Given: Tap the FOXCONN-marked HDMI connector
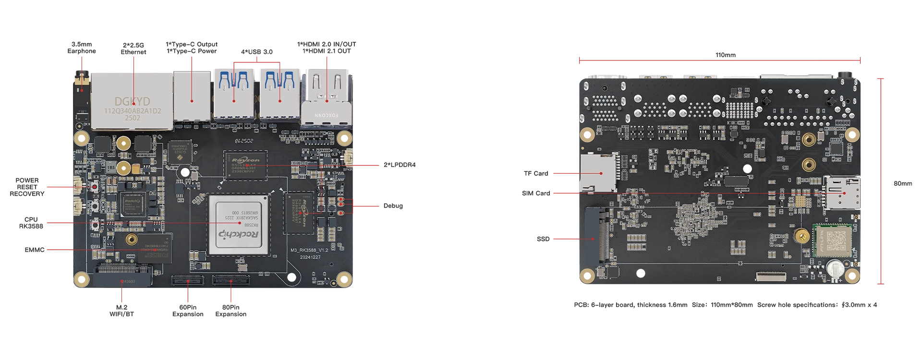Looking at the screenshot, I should pyautogui.click(x=327, y=98).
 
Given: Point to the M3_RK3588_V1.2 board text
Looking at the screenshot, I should pyautogui.click(x=309, y=250).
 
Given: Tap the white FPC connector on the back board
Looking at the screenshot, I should pyautogui.click(x=771, y=276).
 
